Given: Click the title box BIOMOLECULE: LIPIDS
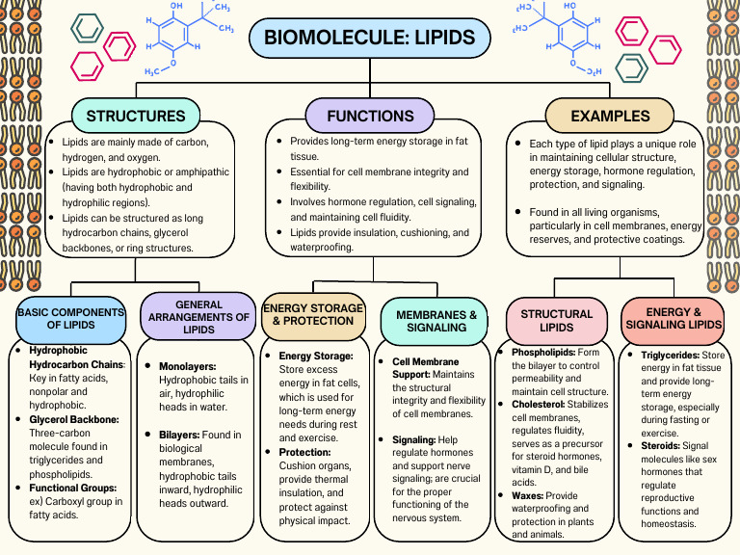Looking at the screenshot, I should tap(370, 39).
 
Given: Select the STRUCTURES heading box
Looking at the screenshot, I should tap(136, 116).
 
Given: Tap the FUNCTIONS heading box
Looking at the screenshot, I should tap(370, 116).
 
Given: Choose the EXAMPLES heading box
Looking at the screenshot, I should tap(610, 116).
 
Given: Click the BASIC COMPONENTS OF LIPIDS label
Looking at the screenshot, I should tap(71, 318).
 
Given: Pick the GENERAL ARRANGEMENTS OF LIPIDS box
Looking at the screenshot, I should tap(198, 317).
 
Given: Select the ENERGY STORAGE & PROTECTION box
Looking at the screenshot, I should tap(314, 314).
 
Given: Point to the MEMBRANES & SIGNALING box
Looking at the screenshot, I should tap(436, 321).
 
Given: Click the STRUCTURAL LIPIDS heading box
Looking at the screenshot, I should tap(557, 320).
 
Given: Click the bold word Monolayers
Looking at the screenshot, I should tap(187, 367).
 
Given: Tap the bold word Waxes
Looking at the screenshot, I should tap(530, 494).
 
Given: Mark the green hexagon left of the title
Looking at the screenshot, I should tap(88, 27).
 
